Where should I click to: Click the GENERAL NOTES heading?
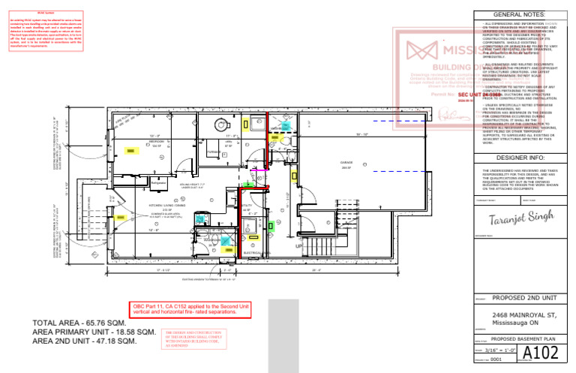click(x=522, y=15)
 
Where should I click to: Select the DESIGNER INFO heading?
click(x=522, y=158)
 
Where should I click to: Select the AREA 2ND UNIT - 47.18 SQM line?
click(x=84, y=341)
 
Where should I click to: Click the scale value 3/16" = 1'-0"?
click(x=500, y=351)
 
